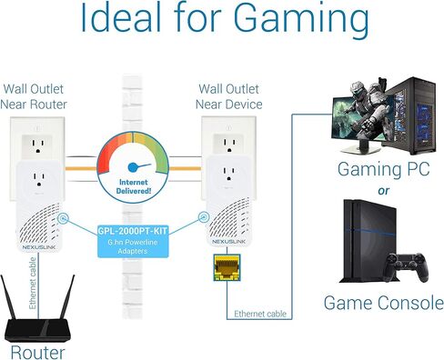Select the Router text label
point(39,350)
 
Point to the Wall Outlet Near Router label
point(40,95)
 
